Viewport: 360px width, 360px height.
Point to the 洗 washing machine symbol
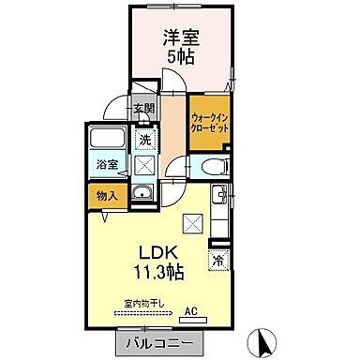click(x=145, y=140)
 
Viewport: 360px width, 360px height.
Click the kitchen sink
click(x=217, y=196)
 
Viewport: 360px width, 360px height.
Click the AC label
click(x=190, y=311)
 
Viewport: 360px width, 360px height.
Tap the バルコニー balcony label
click(x=156, y=344)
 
